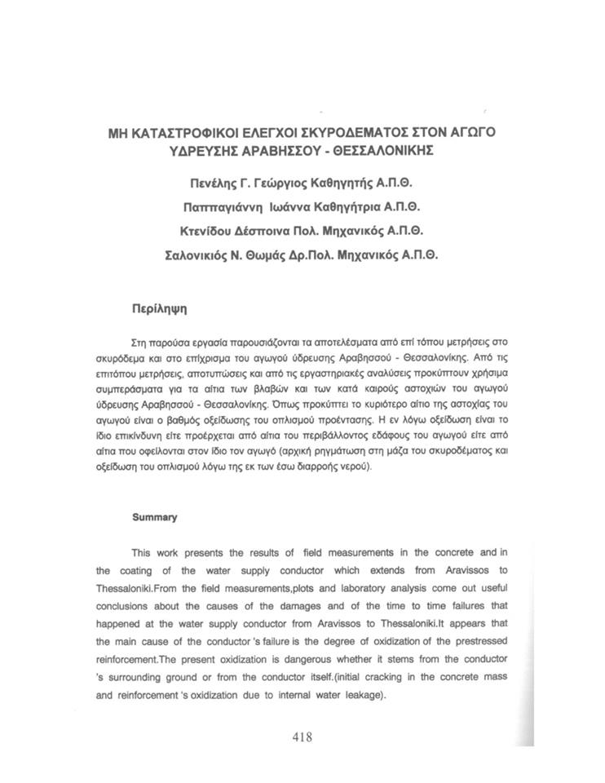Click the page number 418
coord(302,737)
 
